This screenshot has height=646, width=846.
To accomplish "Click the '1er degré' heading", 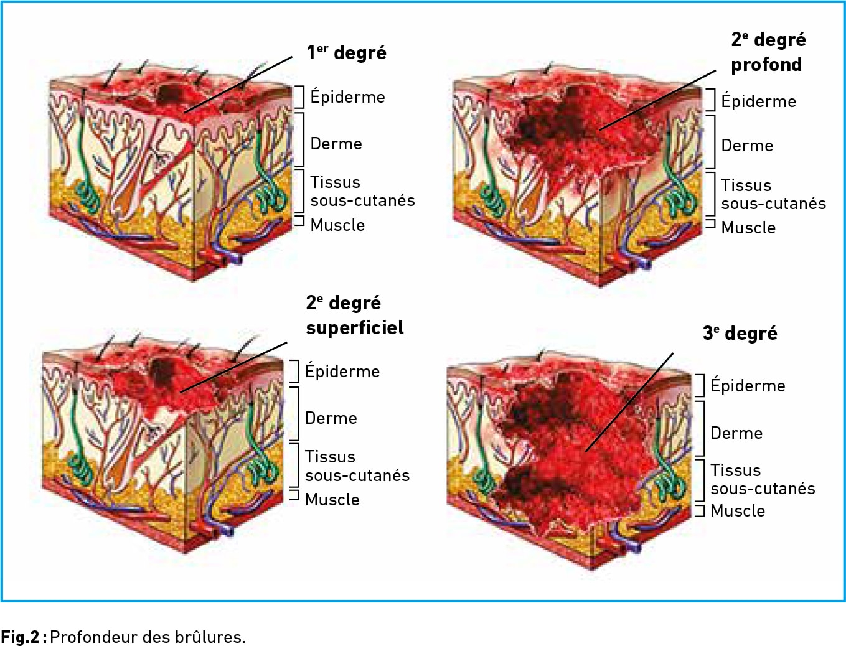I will tap(347, 53).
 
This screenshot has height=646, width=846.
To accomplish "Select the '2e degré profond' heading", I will tap(768, 52).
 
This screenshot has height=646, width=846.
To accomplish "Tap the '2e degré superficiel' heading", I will tap(354, 316).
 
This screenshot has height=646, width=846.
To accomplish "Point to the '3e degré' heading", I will tap(740, 334).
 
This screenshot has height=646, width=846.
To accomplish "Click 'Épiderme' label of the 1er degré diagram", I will tap(347, 97).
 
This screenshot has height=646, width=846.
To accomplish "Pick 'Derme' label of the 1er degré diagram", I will tap(336, 144).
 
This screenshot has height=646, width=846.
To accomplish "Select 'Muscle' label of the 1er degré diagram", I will tap(337, 225).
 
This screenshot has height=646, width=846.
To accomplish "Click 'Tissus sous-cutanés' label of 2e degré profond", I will tap(773, 194).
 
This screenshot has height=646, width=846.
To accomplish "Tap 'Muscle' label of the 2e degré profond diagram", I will tap(748, 228).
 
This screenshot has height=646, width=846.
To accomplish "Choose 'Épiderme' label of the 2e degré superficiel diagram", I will tap(342, 372).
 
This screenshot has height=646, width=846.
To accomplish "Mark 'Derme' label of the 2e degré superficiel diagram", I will tap(331, 418).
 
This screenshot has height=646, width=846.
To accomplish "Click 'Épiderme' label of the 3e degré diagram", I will tap(748, 386).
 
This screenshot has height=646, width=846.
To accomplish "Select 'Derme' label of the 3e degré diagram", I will tap(736, 433).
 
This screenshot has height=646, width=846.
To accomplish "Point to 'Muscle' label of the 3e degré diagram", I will tap(738, 511).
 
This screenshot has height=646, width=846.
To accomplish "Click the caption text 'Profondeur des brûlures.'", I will tap(148, 637).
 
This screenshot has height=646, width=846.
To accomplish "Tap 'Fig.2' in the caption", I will tap(20, 637).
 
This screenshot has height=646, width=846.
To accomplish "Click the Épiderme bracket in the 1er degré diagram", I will tap(300, 97).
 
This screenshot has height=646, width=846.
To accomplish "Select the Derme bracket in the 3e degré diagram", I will tap(700, 429).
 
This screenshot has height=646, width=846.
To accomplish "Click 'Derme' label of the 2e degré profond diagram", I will tap(747, 146).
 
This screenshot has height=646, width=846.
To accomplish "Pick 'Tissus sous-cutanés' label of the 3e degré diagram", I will tap(763, 479).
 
